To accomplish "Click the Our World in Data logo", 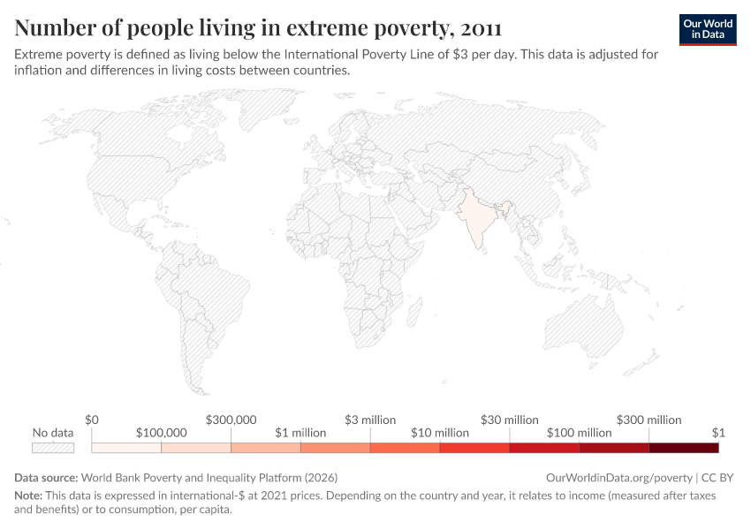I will click(708, 29).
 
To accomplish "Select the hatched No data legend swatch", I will click(53, 448).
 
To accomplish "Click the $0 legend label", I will click(92, 420).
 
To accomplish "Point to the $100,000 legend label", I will click(162, 433).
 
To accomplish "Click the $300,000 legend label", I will click(231, 420).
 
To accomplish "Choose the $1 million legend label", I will click(300, 433).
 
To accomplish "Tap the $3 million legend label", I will click(370, 420).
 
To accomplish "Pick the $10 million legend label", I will click(440, 433).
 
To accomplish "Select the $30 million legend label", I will click(510, 420).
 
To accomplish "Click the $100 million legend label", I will click(580, 433).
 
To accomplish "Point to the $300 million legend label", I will click(649, 420).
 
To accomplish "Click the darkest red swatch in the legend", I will click(684, 448).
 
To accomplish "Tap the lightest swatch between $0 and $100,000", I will click(126, 448).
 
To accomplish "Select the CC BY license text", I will click(717, 478).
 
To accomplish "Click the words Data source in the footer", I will click(46, 478).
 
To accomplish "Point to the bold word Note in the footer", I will click(28, 496).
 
